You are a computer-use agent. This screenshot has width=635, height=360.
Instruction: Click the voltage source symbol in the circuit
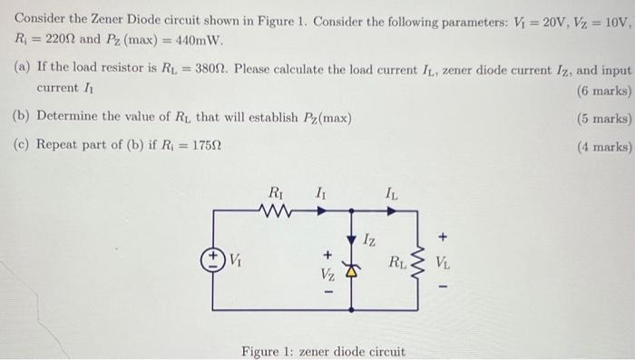pyautogui.click(x=215, y=258)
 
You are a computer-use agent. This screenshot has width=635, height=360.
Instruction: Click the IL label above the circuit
pyautogui.click(x=390, y=192)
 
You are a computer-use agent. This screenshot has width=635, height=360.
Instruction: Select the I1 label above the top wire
pyautogui.click(x=321, y=192)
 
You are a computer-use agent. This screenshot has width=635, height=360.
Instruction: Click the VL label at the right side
pyautogui.click(x=443, y=265)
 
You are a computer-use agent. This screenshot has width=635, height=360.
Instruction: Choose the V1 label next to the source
pyautogui.click(x=235, y=259)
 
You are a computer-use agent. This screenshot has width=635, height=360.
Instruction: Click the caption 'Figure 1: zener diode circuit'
pyautogui.click(x=323, y=350)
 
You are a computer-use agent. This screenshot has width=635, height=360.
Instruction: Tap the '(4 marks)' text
pyautogui.click(x=603, y=146)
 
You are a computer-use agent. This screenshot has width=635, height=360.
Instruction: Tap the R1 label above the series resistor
pyautogui.click(x=276, y=191)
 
